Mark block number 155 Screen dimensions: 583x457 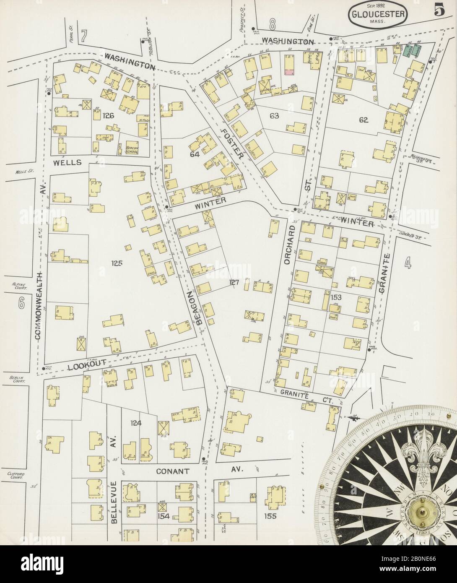pyautogui.click(x=270, y=516)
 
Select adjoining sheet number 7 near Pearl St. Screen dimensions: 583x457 pyautogui.click(x=84, y=38)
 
